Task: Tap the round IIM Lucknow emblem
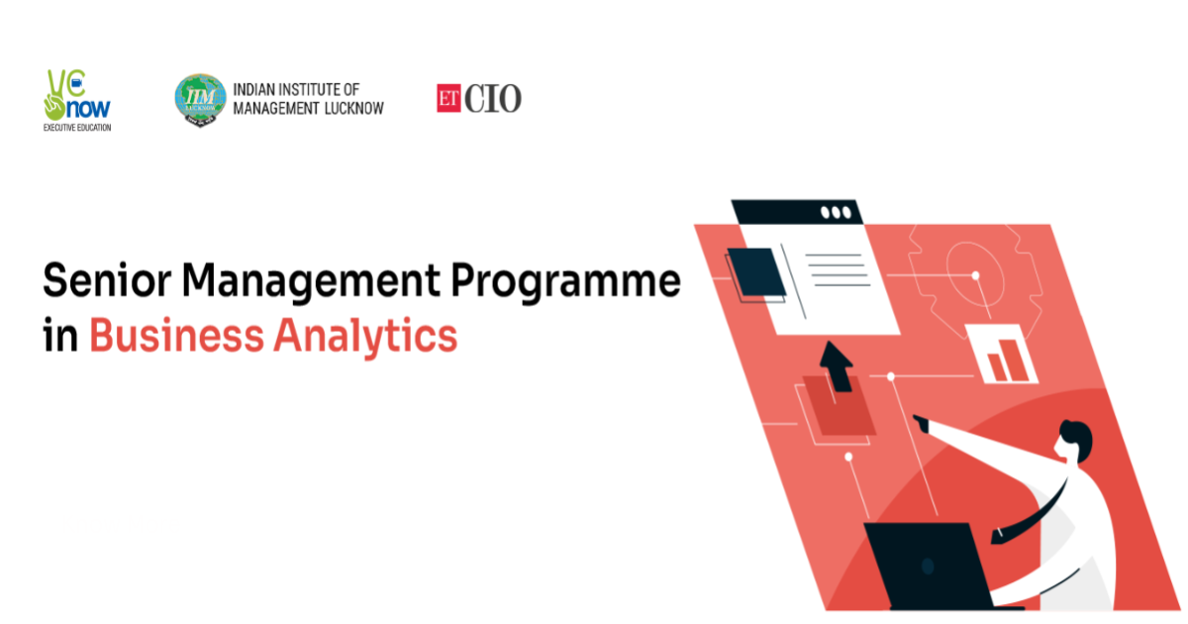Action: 200,99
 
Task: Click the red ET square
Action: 448,98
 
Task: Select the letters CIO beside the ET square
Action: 493,98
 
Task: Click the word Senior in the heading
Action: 107,280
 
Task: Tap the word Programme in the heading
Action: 566,283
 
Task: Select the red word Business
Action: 176,335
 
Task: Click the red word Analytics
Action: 365,337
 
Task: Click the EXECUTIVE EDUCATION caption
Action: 77,128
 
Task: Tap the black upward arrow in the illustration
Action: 837,366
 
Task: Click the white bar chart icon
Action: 1001,354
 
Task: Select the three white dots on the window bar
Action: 836,213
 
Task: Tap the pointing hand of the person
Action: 922,423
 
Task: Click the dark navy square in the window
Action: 755,271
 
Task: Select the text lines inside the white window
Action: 838,270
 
